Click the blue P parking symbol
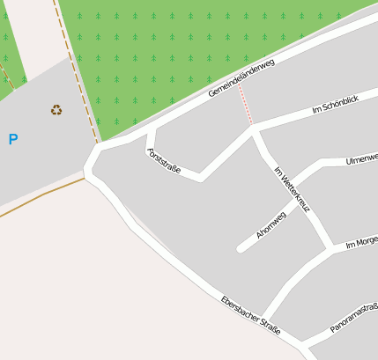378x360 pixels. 12,139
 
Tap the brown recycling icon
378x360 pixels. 56,110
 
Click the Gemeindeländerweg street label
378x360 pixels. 241,78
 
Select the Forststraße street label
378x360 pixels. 164,161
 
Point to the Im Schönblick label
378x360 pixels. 336,107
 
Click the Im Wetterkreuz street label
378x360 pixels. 293,189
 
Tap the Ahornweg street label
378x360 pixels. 271,225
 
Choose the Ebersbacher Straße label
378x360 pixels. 251,314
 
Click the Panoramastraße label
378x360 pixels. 354,318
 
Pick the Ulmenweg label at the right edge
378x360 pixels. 362,158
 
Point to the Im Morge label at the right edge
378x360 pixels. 361,241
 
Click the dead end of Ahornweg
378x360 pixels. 241,249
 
